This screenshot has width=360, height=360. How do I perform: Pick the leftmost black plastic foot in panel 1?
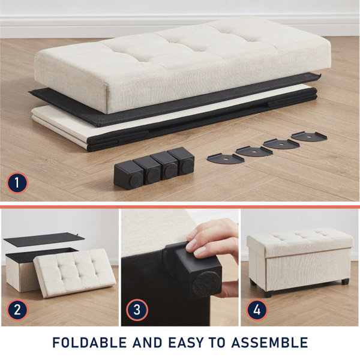click(x=127, y=175)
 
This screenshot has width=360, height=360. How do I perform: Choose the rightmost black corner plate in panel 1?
click(x=309, y=136)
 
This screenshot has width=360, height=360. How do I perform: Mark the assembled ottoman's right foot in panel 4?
click(x=345, y=281)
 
